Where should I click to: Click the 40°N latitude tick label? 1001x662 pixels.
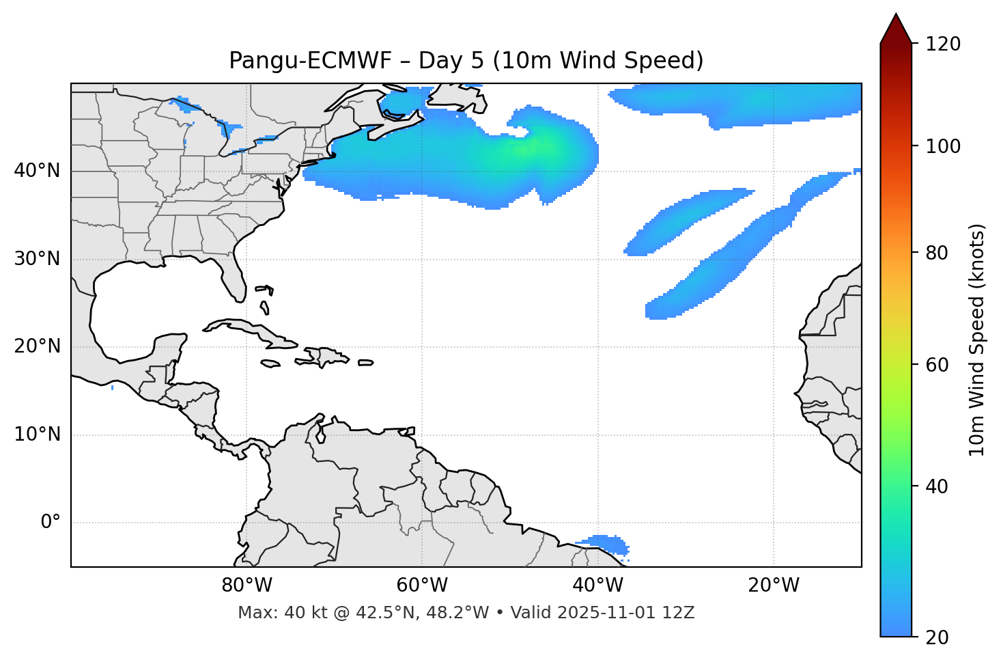point(37,171)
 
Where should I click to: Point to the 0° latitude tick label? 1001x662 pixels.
point(51,523)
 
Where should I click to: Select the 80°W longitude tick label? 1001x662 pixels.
point(246,585)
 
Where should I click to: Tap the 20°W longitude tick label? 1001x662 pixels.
point(774,585)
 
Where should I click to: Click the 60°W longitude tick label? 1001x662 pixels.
point(421,585)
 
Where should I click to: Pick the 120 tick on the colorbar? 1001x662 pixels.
point(943,44)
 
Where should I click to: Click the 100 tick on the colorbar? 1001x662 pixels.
point(943,146)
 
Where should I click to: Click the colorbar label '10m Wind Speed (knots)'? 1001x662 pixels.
point(977,340)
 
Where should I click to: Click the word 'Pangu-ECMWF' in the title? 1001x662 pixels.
point(310,61)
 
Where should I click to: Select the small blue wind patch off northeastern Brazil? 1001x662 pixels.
point(604,544)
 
